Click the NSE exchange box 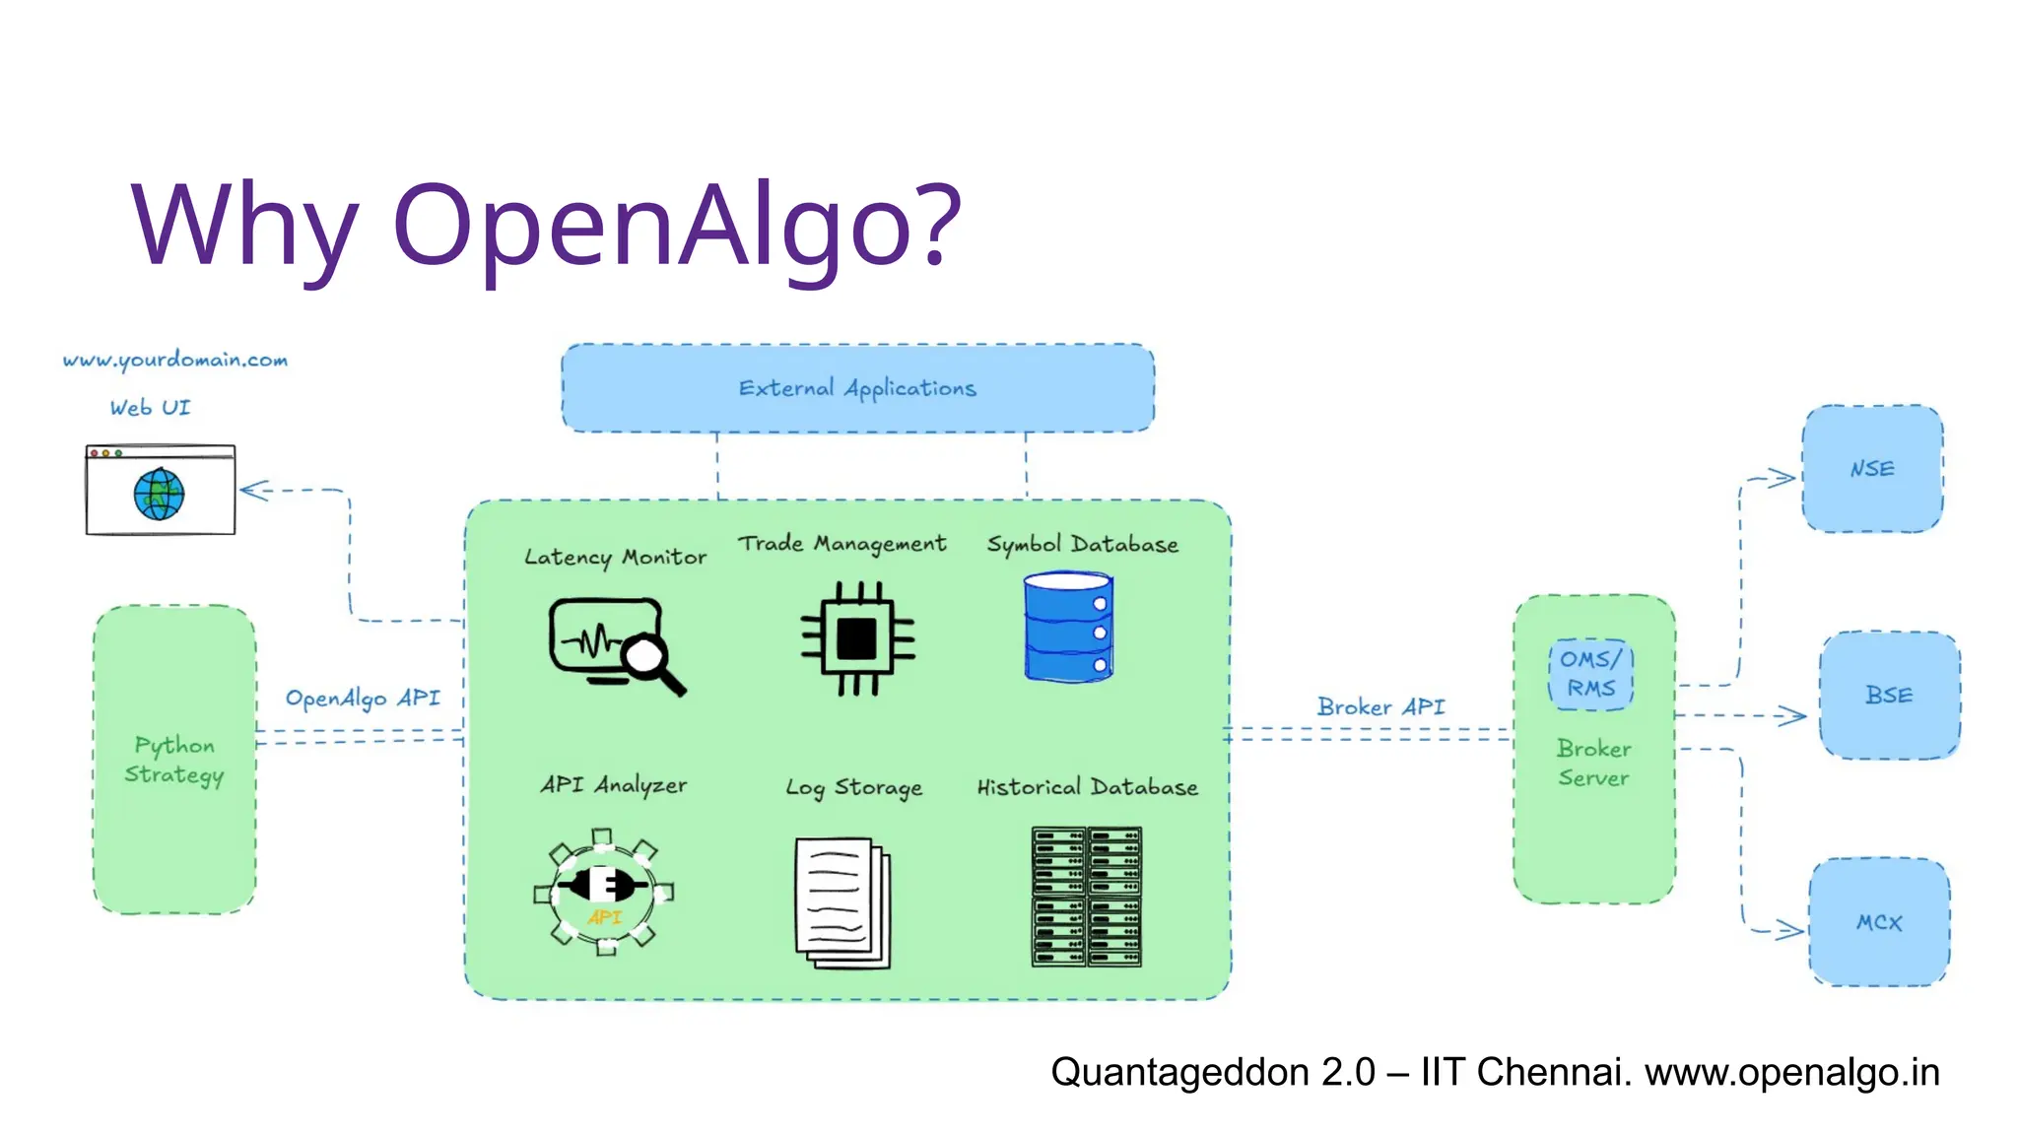click(1872, 469)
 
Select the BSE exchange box click(1889, 696)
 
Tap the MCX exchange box click(1879, 922)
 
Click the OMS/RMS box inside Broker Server click(1590, 674)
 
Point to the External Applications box click(857, 388)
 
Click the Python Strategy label click(174, 760)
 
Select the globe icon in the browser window click(159, 495)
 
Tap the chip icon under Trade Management click(857, 638)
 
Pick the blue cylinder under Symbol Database click(1068, 628)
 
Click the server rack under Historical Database click(1086, 897)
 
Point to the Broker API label click(1380, 706)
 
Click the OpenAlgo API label click(363, 699)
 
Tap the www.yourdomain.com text click(175, 360)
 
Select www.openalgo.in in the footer click(1791, 1072)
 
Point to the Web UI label click(150, 408)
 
